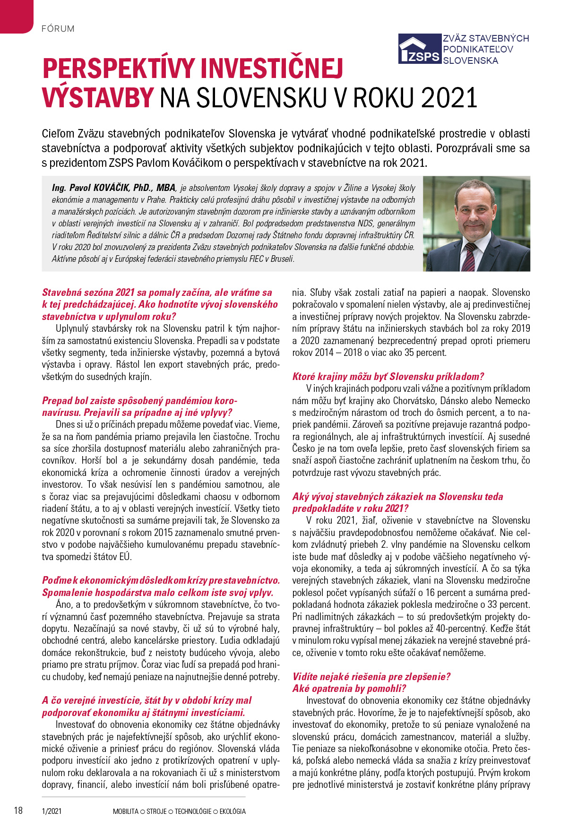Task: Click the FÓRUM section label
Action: pyautogui.click(x=58, y=28)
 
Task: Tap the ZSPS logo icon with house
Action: pyautogui.click(x=419, y=49)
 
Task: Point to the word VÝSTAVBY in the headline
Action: pyautogui.click(x=98, y=98)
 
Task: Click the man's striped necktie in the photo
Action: pyautogui.click(x=469, y=256)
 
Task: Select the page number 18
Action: pyautogui.click(x=18, y=811)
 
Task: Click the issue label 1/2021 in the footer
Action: pyautogui.click(x=52, y=811)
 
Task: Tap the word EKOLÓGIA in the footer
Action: pyautogui.click(x=233, y=811)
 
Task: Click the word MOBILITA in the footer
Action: pyautogui.click(x=125, y=811)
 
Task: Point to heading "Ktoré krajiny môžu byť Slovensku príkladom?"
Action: pyautogui.click(x=388, y=377)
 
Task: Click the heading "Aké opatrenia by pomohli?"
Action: pyautogui.click(x=349, y=689)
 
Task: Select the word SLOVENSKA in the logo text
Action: pyautogui.click(x=470, y=60)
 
